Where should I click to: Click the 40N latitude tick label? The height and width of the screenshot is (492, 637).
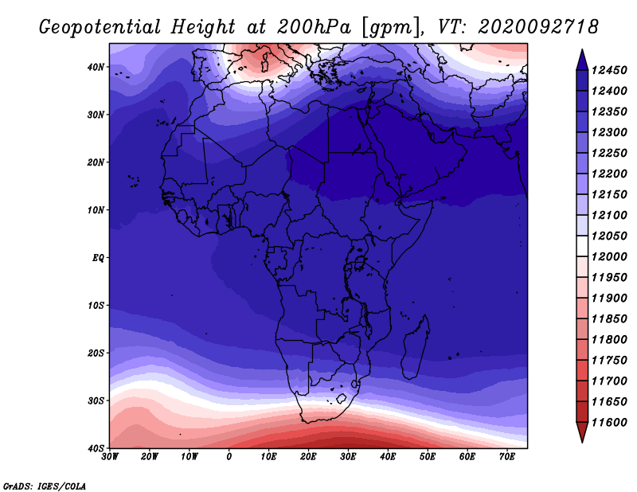(x=96, y=67)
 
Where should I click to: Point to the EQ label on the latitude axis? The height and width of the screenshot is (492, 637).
(x=98, y=258)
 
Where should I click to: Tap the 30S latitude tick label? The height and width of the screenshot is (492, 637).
(x=96, y=401)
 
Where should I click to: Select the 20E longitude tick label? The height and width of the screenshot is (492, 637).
(x=308, y=457)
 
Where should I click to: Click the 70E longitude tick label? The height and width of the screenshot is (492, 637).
(x=507, y=457)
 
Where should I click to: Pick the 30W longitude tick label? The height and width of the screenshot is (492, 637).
(x=110, y=457)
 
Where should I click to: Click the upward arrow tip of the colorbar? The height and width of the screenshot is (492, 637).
(x=582, y=50)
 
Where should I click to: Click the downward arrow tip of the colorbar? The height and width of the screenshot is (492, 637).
(x=582, y=442)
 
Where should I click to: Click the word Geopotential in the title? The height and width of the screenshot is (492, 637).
(x=100, y=28)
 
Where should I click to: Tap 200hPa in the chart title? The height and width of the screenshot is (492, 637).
(x=313, y=27)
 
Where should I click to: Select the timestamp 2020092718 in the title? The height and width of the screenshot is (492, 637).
(x=538, y=27)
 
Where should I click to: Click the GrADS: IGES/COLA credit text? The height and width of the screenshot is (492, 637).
(x=45, y=486)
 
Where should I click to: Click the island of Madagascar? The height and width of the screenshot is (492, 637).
(x=416, y=348)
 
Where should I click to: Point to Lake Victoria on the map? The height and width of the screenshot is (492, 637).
(x=360, y=264)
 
